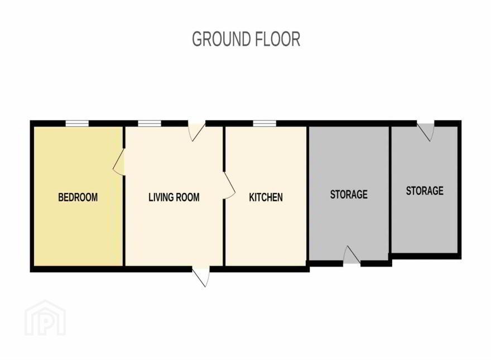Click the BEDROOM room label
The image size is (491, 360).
pos(78,197)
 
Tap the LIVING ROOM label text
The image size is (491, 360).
pos(174,197)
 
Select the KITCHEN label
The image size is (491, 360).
pos(266,197)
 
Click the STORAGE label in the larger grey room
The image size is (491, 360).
pos(349,194)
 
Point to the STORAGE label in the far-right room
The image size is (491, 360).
pos(425,190)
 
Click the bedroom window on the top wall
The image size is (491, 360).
pos(77,124)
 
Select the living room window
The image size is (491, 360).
pos(150,124)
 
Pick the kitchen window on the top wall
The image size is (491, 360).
pos(264,124)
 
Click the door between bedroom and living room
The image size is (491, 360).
pos(119,162)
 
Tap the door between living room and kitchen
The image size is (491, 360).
pos(229,185)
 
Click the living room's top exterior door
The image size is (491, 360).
pos(196,131)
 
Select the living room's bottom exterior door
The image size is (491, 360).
pos(201,276)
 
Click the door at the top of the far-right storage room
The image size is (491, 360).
pos(426,131)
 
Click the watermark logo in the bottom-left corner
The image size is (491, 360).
pos(45,318)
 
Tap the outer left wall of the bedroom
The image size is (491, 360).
pos(32,196)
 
